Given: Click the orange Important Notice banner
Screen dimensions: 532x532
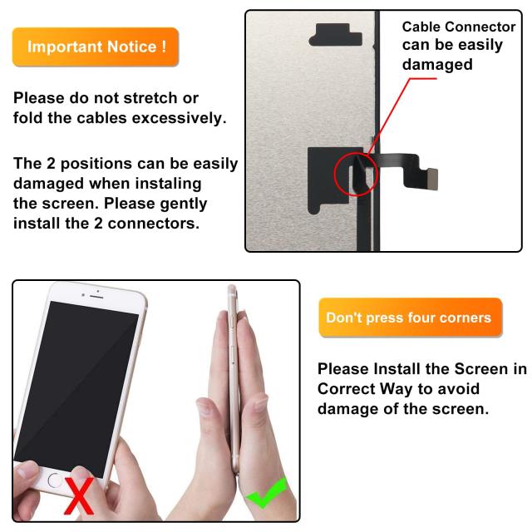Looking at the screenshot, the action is click(96, 47).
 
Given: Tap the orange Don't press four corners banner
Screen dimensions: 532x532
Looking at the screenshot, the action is click(411, 318).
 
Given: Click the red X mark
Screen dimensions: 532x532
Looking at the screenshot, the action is click(80, 495).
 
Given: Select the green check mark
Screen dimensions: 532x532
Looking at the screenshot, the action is click(267, 493).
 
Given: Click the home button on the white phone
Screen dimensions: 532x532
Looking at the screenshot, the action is click(54, 480).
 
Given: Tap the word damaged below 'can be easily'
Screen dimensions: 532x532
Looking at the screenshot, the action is click(437, 65).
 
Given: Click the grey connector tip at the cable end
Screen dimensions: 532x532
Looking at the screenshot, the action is click(432, 179).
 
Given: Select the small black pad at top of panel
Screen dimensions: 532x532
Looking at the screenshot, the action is click(335, 35).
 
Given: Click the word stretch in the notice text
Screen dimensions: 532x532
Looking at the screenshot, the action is click(150, 98).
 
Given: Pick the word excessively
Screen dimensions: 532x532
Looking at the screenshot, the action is click(179, 118).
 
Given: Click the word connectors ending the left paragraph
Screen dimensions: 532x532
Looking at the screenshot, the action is click(153, 224).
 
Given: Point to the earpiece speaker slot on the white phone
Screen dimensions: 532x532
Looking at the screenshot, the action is click(96, 297).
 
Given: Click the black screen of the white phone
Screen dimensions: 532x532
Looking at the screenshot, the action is click(77, 387).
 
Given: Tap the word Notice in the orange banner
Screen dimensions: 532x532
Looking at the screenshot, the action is click(131, 47).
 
